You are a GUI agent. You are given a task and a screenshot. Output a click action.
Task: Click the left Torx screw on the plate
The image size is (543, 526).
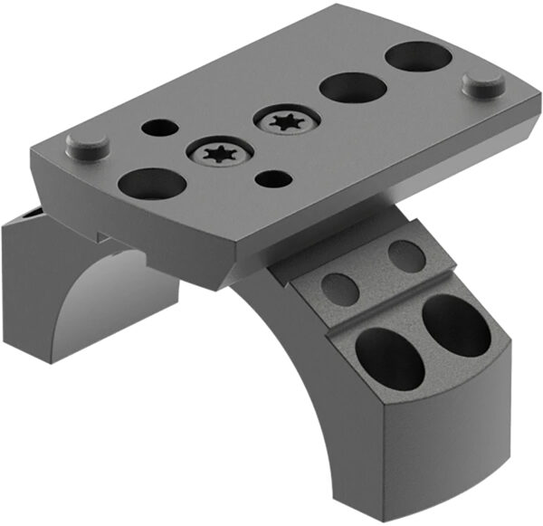click(x=219, y=155)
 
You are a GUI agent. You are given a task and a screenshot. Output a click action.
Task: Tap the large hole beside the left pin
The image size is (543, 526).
click(x=152, y=184)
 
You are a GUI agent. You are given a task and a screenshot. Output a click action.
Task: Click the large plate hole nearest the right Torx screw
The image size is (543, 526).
click(x=352, y=88)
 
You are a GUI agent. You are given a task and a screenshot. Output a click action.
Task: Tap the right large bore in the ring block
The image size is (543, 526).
click(x=456, y=326)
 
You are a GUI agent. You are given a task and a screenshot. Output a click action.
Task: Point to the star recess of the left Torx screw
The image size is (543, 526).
click(x=219, y=155)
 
